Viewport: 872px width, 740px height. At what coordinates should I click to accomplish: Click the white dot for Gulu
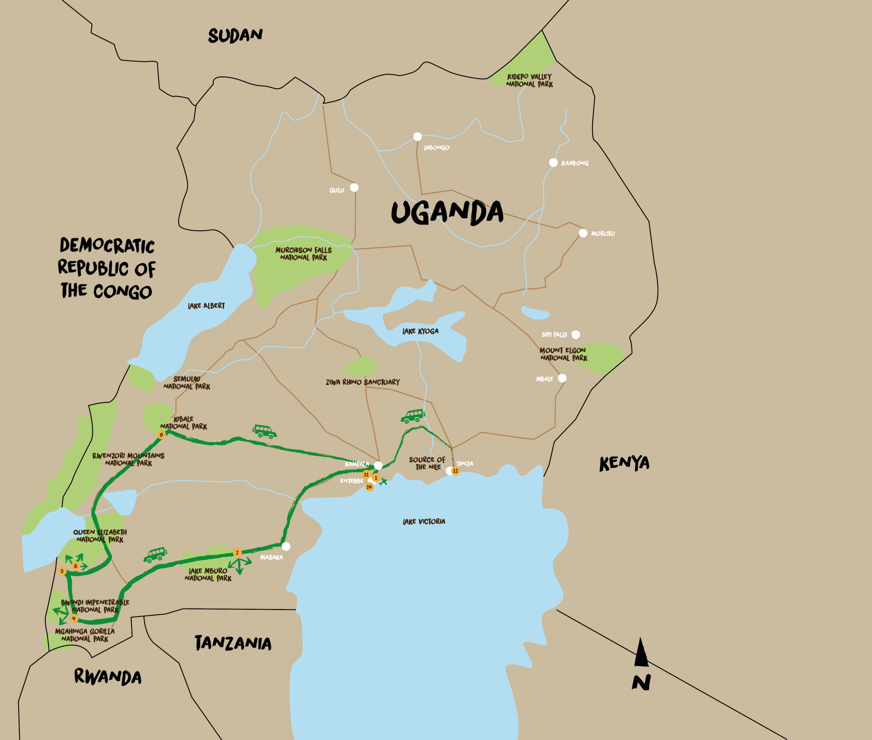pos(354,187)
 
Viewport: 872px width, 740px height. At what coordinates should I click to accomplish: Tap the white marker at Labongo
pos(417,136)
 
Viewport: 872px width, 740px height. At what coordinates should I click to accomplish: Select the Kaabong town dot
pos(554,162)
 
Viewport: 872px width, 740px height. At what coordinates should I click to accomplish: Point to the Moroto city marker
pos(583,233)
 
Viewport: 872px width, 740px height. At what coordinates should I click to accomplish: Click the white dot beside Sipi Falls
pos(576,334)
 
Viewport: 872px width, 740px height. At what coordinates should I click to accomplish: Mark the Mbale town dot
pos(562,378)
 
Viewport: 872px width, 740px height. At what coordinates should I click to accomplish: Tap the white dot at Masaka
pos(286,546)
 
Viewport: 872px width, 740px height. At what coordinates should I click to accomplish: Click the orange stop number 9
pos(161,435)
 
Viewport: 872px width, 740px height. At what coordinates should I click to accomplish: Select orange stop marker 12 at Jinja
pos(455,471)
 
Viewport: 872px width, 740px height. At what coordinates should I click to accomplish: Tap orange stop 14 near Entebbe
pos(369,487)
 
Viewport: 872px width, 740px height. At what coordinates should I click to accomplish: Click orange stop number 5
pos(62,571)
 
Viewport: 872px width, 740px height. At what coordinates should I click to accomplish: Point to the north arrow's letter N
pos(641,682)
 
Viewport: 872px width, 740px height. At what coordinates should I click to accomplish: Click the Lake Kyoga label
pos(420,331)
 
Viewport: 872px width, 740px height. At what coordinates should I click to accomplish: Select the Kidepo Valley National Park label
pos(529,80)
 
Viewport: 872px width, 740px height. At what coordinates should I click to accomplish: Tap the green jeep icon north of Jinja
pos(412,416)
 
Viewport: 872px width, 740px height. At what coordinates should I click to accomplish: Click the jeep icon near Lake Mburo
pos(155,555)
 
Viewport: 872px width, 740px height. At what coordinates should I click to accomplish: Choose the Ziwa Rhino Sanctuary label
pos(363,382)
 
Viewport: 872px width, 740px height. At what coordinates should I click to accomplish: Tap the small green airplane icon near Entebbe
pos(383,482)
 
